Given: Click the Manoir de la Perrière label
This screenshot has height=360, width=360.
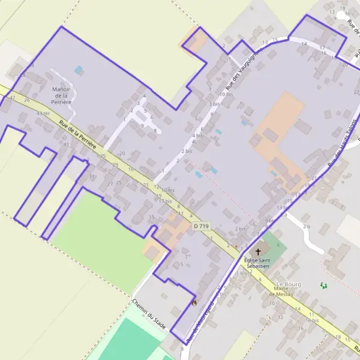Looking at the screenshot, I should [x=62, y=95].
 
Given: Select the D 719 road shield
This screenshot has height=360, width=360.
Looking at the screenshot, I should [x=202, y=226].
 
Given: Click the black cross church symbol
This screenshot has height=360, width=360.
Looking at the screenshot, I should [x=259, y=251].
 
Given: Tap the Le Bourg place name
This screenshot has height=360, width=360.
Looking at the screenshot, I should [x=289, y=283].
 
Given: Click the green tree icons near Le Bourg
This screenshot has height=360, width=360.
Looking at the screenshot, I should [x=324, y=286].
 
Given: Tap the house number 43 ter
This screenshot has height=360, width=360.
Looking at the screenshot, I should [x=43, y=113].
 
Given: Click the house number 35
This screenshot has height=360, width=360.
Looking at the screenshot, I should [x=103, y=156].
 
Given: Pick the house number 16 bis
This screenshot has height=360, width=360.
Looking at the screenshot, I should [x=311, y=320].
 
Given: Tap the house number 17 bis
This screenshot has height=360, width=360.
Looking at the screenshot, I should [x=165, y=201].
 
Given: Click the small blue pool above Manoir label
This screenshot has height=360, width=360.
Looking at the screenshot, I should [x=79, y=70].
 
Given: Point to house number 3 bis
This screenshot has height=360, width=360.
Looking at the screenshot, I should [x=214, y=104].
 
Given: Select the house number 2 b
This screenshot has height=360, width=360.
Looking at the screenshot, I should [x=306, y=226].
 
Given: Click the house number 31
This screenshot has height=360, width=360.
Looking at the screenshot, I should [x=92, y=176].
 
